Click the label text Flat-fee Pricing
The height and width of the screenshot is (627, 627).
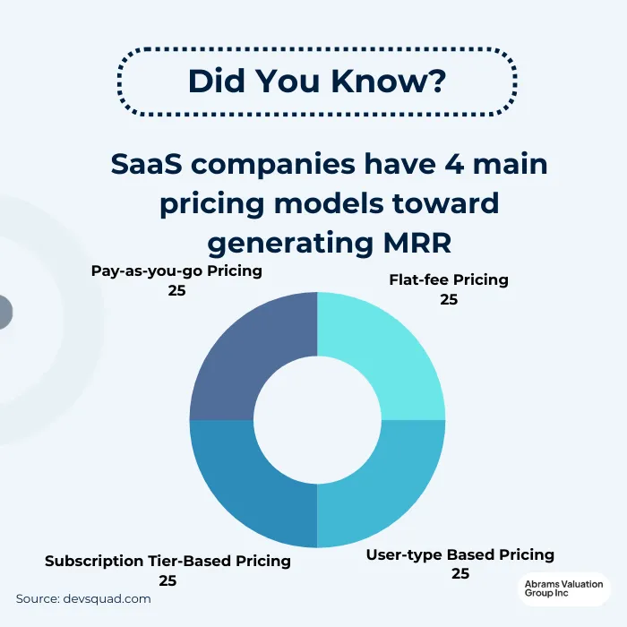pos(449,279)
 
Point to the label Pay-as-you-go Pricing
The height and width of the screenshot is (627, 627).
pos(176,271)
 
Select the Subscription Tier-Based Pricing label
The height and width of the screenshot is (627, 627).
pos(167,561)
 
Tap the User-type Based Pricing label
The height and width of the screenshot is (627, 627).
pos(460,554)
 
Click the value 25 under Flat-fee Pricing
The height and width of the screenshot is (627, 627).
pos(449,299)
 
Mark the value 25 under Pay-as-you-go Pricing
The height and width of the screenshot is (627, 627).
pos(176,290)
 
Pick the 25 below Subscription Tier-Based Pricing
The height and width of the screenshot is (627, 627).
pos(167,580)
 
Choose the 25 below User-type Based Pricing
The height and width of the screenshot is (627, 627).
pos(460,573)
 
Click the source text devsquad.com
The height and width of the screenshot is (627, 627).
pos(108,598)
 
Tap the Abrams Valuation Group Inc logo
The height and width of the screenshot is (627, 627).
pos(564,592)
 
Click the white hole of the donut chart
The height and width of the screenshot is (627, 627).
pos(317,419)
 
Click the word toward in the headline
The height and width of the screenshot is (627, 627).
pos(444,203)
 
